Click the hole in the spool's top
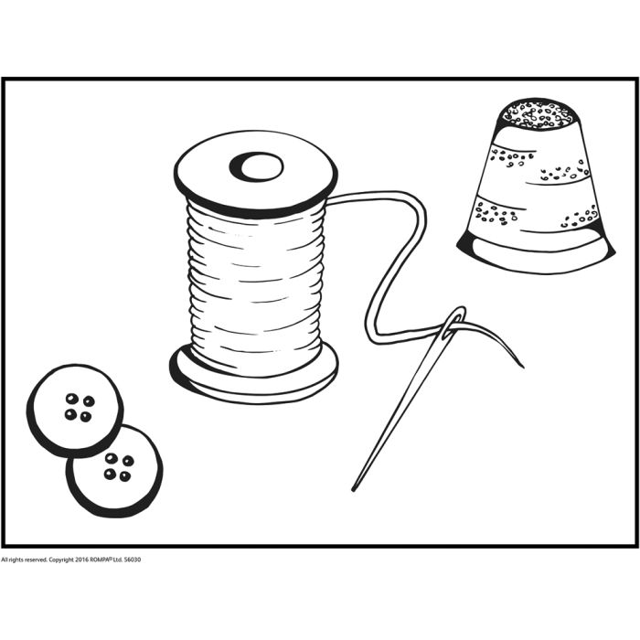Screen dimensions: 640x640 pyautogui.click(x=257, y=167)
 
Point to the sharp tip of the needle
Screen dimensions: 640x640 pyautogui.click(x=354, y=489)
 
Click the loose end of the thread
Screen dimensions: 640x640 pyautogui.click(x=522, y=366)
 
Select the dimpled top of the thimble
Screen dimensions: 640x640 pyautogui.click(x=538, y=113)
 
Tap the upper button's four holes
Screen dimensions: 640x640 pyautogui.click(x=80, y=408)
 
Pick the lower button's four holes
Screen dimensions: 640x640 pyautogui.click(x=119, y=466)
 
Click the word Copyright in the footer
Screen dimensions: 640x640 pyautogui.click(x=61, y=560)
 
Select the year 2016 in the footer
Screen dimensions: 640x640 pyautogui.click(x=81, y=560)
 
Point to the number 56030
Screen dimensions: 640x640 pyautogui.click(x=133, y=560)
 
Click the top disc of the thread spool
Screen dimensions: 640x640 pyautogui.click(x=256, y=174)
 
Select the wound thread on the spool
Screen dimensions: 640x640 pyautogui.click(x=256, y=285)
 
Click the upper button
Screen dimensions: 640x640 pyautogui.click(x=75, y=411)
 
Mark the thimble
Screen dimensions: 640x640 pyautogui.click(x=536, y=186)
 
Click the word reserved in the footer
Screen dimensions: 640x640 pyautogui.click(x=36, y=560)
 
